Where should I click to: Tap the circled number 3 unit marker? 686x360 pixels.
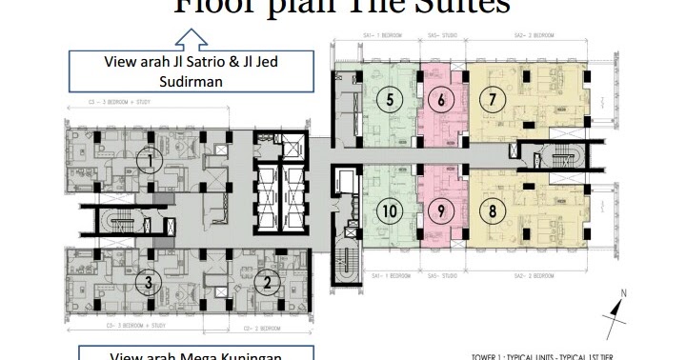148,282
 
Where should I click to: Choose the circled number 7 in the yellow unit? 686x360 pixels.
493,99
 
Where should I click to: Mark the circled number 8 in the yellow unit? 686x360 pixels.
493,212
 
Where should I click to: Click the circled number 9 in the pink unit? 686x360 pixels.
438,212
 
